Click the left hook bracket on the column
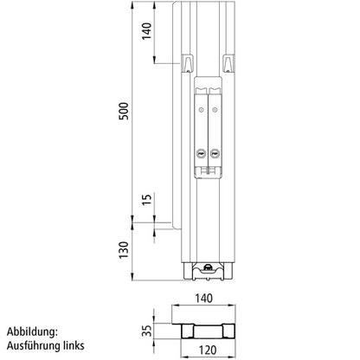click(x=187, y=62)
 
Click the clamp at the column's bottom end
click(x=208, y=270)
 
